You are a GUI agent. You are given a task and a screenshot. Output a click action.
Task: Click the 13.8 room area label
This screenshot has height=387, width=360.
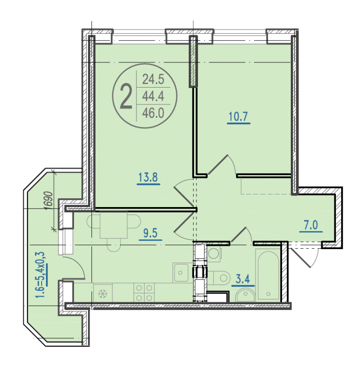pyautogui.click(x=148, y=177)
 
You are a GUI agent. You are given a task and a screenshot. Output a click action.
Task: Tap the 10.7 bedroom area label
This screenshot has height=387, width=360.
pyautogui.click(x=238, y=117)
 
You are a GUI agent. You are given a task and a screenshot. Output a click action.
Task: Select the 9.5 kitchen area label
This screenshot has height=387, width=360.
pyautogui.click(x=150, y=233)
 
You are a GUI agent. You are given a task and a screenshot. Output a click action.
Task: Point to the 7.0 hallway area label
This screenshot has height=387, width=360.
pyautogui.click(x=311, y=225)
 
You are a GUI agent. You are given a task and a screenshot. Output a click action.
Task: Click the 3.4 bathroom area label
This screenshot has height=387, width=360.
pyautogui.click(x=243, y=280)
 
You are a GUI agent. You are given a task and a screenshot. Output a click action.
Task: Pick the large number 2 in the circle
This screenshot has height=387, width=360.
pyautogui.click(x=126, y=96)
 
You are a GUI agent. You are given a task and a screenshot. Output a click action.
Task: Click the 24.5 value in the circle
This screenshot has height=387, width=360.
pyautogui.click(x=153, y=79)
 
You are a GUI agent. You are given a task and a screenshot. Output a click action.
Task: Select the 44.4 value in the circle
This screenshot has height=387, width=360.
pyautogui.click(x=153, y=96)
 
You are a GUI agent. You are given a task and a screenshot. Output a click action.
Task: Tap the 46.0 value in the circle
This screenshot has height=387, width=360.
pyautogui.click(x=153, y=113)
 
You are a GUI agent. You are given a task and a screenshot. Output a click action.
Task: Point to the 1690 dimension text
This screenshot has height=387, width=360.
pyautogui.click(x=49, y=200)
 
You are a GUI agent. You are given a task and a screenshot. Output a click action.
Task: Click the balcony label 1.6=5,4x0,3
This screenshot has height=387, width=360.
pyautogui.click(x=41, y=274)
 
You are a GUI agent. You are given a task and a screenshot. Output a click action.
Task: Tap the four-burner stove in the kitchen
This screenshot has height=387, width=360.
pyautogui.click(x=144, y=293)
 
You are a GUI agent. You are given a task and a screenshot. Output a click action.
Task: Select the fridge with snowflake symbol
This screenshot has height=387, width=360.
pyautogui.click(x=103, y=293)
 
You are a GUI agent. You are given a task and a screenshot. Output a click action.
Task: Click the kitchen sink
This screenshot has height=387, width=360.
pyautogui.click(x=182, y=273)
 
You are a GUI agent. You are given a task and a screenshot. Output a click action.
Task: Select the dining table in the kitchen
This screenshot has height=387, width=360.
pyautogui.click(x=114, y=224)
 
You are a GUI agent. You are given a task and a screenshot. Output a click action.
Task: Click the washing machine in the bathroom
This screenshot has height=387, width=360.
pyautogui.click(x=214, y=253)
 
